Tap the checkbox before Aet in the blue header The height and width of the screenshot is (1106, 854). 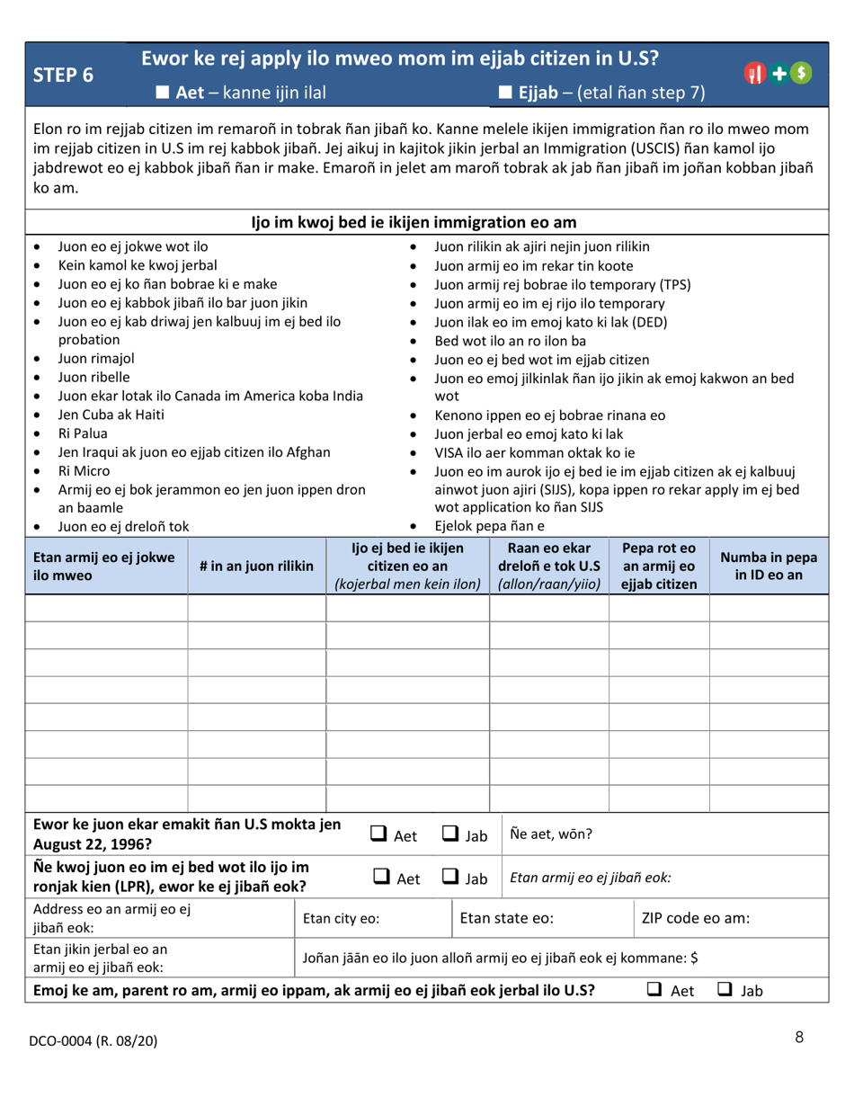[163, 92]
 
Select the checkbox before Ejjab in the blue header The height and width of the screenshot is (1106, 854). [504, 92]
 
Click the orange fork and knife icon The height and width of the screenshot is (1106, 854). [756, 75]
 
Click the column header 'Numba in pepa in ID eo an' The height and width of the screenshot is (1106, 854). [769, 566]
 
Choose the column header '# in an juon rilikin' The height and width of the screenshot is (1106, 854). [256, 566]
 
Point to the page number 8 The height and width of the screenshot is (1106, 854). [799, 1038]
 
